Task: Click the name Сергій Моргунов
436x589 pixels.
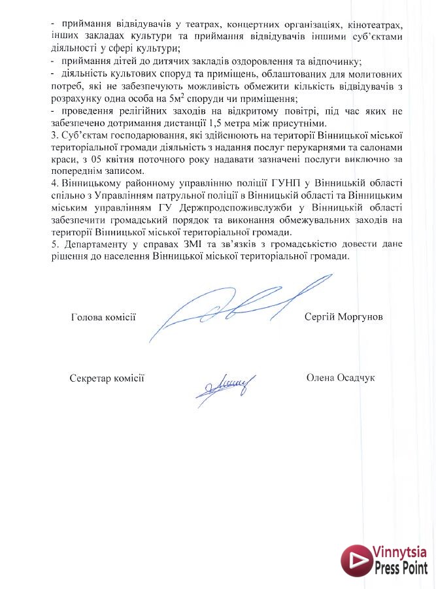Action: pos(343,317)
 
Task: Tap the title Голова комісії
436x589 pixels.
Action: pos(103,318)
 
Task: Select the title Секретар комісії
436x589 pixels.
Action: pos(107,379)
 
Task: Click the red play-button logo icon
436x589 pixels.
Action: pos(356,561)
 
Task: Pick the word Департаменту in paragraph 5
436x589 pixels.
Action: pos(92,244)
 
